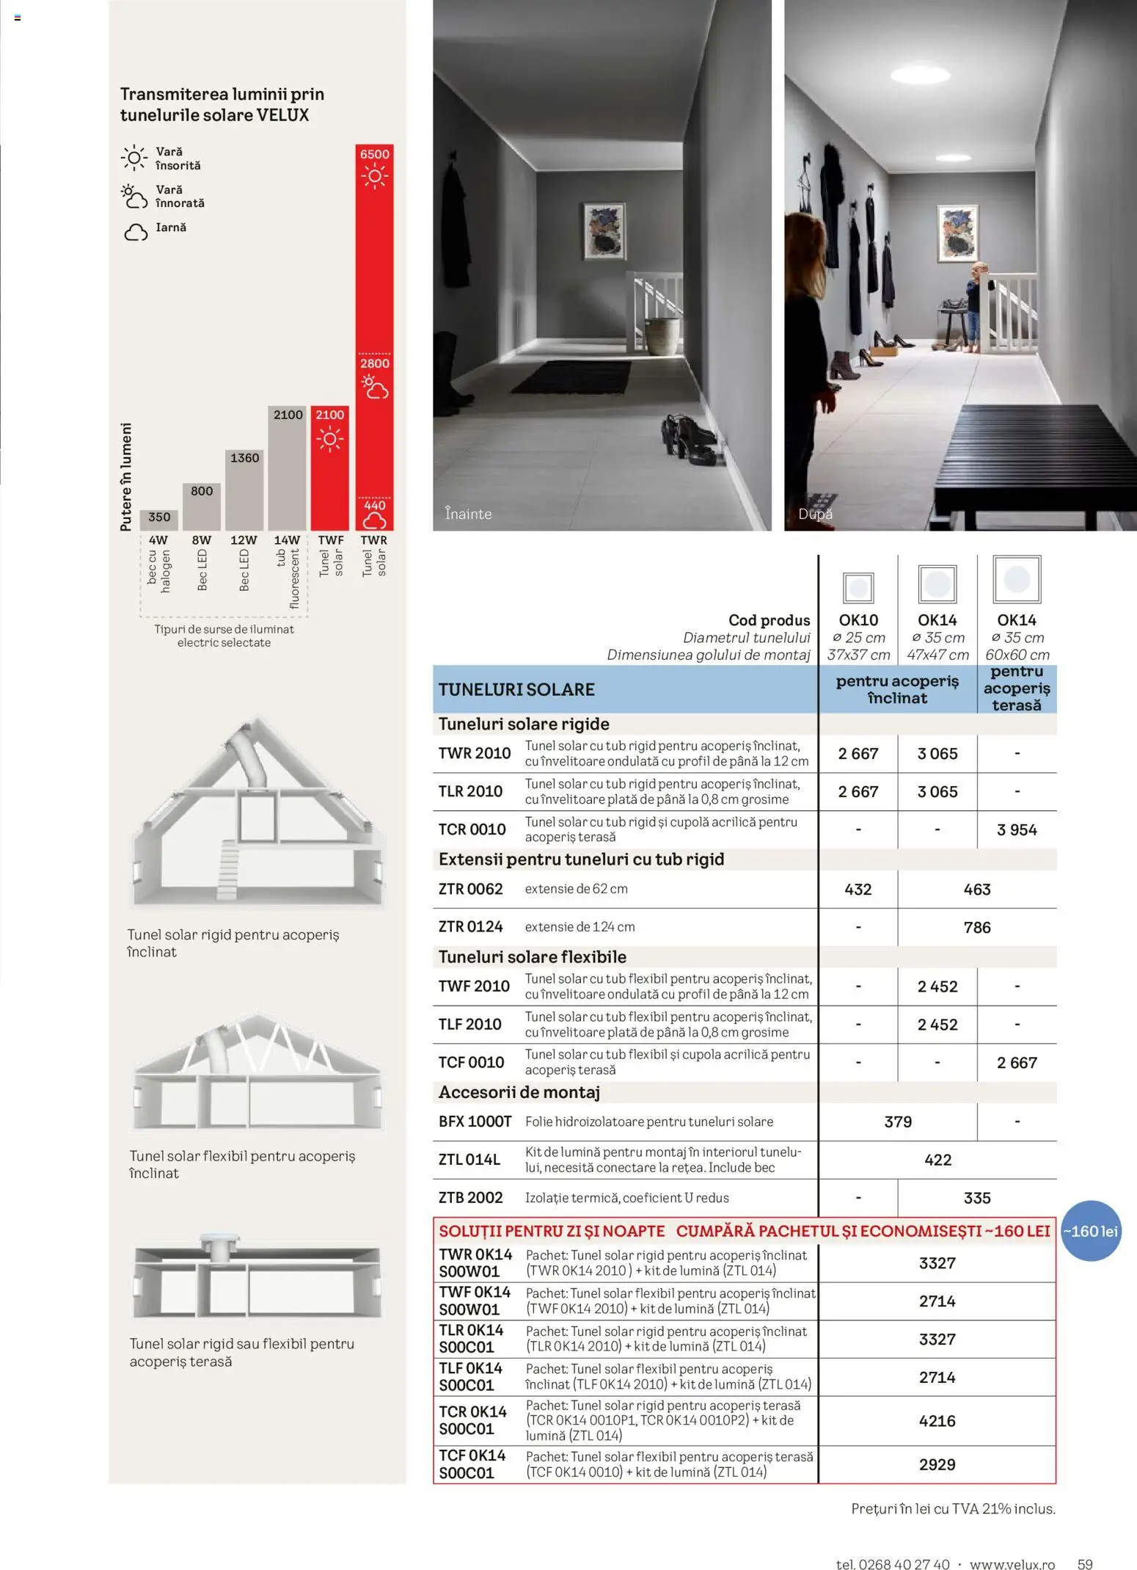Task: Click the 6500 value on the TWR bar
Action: [374, 154]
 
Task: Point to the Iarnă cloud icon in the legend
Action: [136, 233]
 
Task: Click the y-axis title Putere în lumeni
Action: [126, 476]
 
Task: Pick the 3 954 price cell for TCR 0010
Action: [1017, 830]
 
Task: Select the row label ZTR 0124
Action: [470, 927]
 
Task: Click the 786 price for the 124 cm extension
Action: [977, 928]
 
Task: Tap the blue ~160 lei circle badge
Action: [1091, 1232]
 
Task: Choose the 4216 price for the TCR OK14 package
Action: [937, 1421]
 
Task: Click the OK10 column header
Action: [858, 620]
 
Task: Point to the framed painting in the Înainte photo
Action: [605, 231]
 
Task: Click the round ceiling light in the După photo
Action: [921, 74]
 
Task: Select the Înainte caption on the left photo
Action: [468, 514]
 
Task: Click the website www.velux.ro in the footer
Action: [1012, 1544]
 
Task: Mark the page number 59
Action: [1084, 1544]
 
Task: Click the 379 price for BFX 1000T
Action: [898, 1122]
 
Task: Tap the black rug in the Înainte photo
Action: [580, 376]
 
